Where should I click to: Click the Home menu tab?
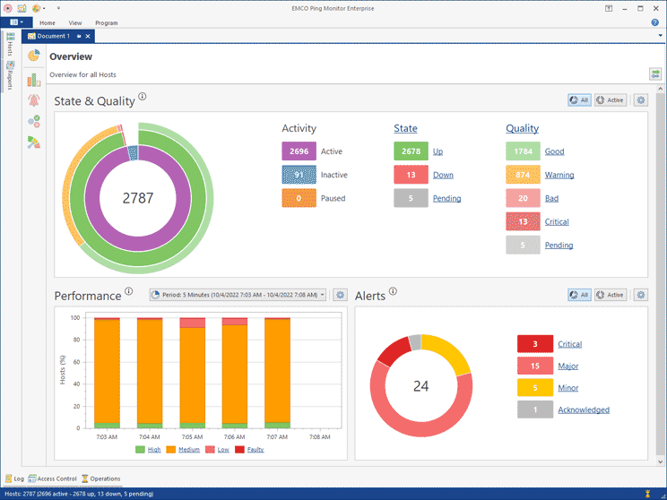pyautogui.click(x=48, y=22)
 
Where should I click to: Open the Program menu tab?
pyautogui.click(x=106, y=22)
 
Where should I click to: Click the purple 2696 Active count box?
pyautogui.click(x=299, y=151)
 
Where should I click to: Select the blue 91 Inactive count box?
pyautogui.click(x=299, y=175)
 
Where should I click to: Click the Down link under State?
pyautogui.click(x=443, y=175)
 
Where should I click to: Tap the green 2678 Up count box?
pyautogui.click(x=411, y=151)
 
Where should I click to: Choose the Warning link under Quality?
pyautogui.click(x=559, y=175)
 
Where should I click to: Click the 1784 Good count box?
pyautogui.click(x=523, y=151)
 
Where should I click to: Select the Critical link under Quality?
pyautogui.click(x=557, y=221)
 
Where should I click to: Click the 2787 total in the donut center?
pyautogui.click(x=138, y=198)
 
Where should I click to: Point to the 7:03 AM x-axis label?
pyautogui.click(x=106, y=438)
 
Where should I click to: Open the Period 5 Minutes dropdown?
pyautogui.click(x=237, y=295)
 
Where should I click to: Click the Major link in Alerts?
pyautogui.click(x=567, y=366)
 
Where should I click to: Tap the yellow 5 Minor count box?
pyautogui.click(x=534, y=388)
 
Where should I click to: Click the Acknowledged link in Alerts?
pyautogui.click(x=583, y=409)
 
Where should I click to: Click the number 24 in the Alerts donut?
pyautogui.click(x=421, y=386)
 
